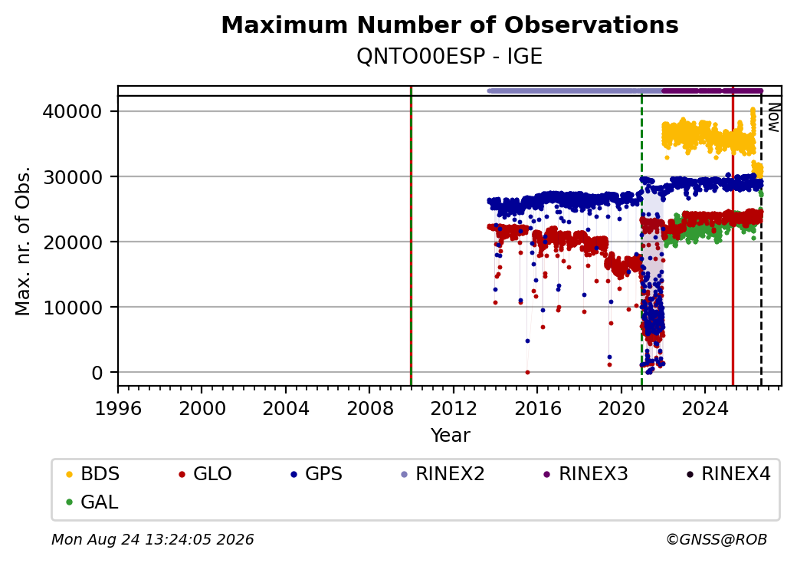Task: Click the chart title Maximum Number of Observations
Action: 450,25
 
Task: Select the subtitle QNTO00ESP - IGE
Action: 450,57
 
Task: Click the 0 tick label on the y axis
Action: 97,373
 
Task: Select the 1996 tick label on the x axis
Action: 118,408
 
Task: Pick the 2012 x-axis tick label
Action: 454,408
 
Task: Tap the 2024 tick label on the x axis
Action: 705,408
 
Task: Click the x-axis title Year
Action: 451,436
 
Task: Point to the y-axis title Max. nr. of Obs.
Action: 23,241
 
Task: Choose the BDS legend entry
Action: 93,474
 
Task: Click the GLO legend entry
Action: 205,474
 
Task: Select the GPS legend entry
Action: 317,474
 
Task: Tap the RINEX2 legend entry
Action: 443,474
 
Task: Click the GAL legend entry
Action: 93,502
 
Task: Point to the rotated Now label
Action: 773,117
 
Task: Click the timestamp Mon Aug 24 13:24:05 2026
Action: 153,539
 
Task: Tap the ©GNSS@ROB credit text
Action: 717,539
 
